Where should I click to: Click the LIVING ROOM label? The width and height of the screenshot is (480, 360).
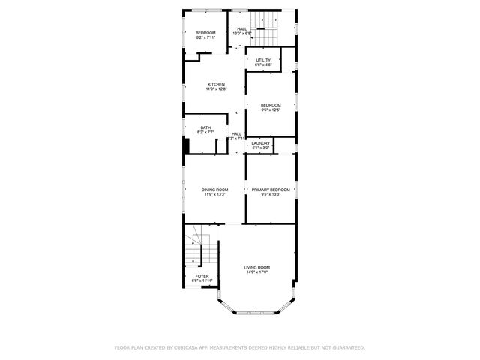point(257,267)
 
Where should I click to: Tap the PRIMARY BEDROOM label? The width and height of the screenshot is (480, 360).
point(271,190)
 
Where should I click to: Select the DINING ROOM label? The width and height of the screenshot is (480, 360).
point(214,190)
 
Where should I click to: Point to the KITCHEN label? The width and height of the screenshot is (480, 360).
point(217,84)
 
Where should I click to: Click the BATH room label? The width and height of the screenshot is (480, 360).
point(205,127)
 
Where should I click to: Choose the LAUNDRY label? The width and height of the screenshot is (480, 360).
point(261,142)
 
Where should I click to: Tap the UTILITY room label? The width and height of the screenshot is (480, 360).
point(263,60)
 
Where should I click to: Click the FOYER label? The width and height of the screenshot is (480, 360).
point(202,276)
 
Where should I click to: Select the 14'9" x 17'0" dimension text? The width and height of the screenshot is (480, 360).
point(257,272)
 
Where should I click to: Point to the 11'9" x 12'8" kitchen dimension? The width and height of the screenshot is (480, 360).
point(217,89)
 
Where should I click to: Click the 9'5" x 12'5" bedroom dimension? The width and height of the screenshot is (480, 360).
point(271,109)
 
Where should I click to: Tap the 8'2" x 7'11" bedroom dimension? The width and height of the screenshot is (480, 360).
point(205,37)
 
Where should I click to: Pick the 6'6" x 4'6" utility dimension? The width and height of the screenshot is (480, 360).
point(263,65)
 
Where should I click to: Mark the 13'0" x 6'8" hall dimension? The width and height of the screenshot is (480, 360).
point(242,34)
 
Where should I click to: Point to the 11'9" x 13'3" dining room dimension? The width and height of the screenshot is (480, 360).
point(214,195)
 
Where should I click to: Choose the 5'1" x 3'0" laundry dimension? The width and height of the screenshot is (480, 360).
point(261,148)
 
